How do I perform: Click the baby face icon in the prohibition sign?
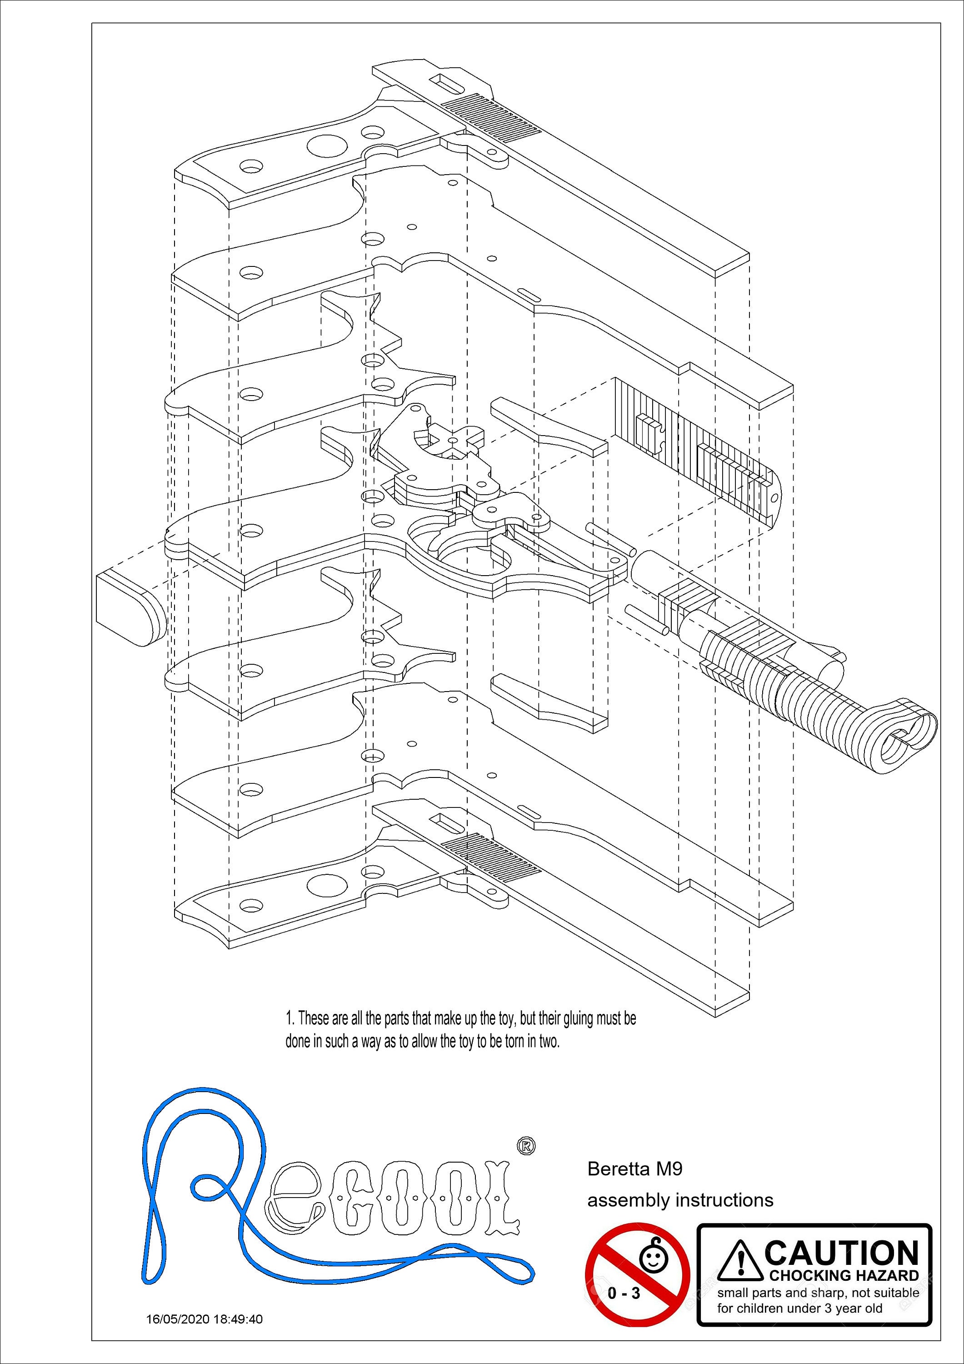(x=654, y=1257)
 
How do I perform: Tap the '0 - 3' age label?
(x=624, y=1293)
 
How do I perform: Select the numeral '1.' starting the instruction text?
(x=290, y=1019)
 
